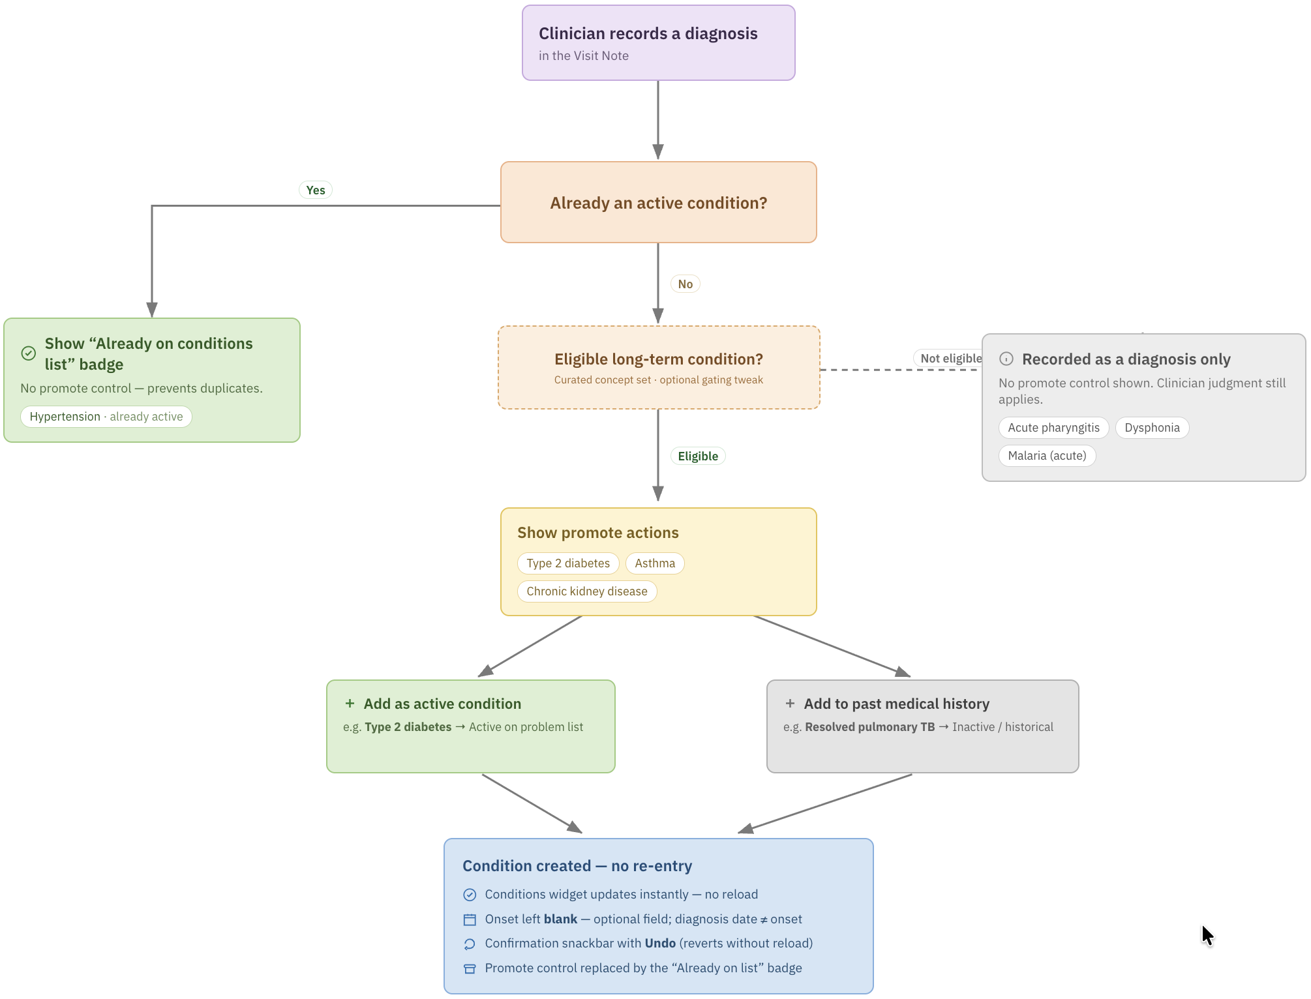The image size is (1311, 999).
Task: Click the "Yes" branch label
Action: (316, 190)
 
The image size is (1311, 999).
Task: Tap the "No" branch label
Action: (685, 284)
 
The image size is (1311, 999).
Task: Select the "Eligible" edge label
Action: (698, 456)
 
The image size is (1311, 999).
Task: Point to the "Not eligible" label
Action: (950, 358)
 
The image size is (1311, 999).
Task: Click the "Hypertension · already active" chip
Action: (106, 417)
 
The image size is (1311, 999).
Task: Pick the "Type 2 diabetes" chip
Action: (568, 563)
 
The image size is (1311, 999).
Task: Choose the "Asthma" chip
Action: (655, 563)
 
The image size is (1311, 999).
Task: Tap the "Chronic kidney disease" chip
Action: (587, 591)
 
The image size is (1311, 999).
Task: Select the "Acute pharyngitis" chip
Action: (1053, 428)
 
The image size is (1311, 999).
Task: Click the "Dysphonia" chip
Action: (1152, 428)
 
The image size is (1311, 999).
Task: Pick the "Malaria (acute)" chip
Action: (1047, 456)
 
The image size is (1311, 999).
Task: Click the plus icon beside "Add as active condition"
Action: (350, 704)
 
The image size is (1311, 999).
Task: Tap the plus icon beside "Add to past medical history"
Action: (790, 704)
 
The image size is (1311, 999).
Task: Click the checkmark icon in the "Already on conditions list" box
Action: (29, 353)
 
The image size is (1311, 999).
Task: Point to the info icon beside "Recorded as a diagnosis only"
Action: (1006, 359)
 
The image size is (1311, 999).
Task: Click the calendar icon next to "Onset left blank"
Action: (470, 919)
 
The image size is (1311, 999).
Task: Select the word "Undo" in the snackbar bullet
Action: (660, 943)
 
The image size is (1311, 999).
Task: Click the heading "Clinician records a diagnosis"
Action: (648, 33)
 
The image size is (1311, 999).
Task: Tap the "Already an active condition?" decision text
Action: (658, 203)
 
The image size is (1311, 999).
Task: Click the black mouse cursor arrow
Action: (1207, 935)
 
